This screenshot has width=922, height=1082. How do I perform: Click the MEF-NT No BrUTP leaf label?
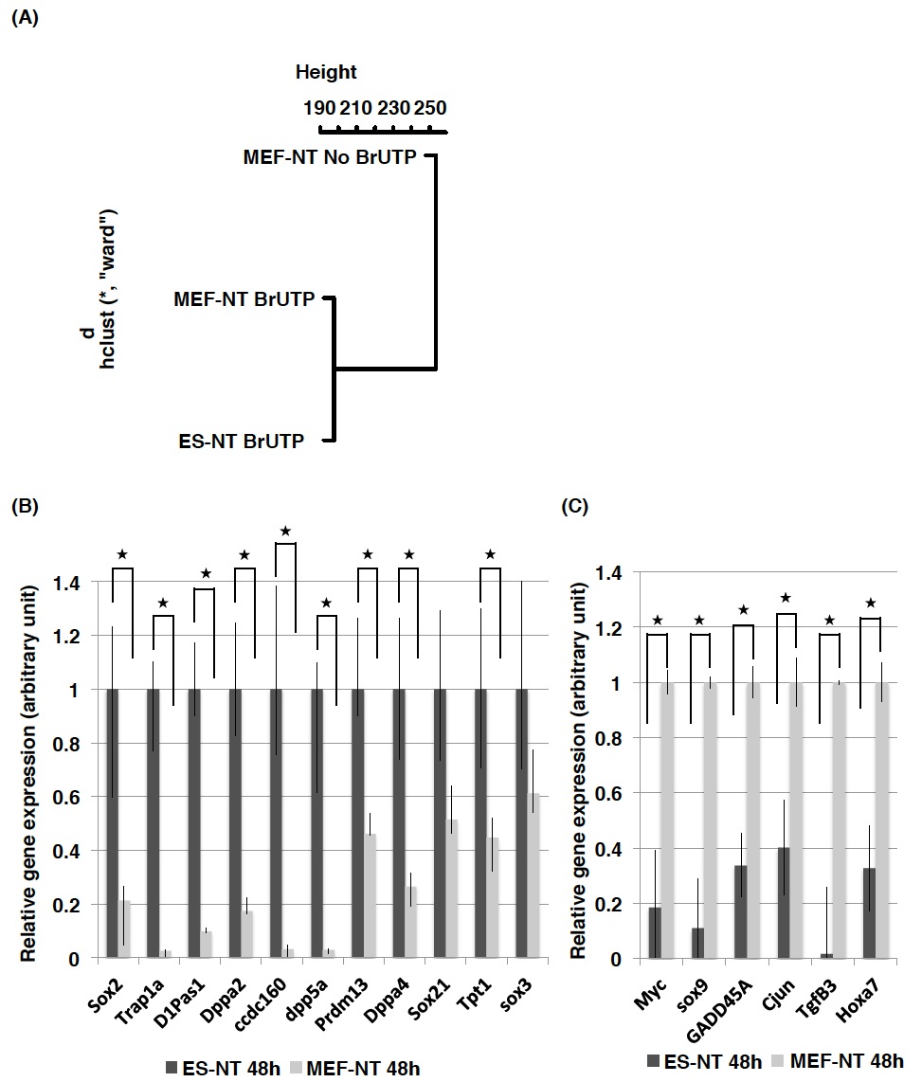(330, 157)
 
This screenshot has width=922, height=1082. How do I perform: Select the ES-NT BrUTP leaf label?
(241, 441)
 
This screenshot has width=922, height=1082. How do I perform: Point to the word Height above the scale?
(325, 72)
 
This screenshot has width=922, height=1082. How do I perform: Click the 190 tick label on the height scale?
(318, 107)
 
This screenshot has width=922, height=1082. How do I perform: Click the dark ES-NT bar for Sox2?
(113, 824)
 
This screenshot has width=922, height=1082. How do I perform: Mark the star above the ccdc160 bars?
(284, 531)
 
